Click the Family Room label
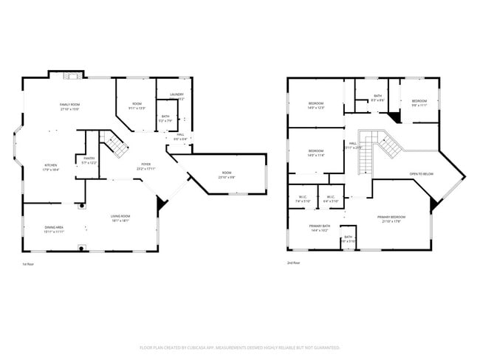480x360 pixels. [70, 105]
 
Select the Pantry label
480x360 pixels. [89, 159]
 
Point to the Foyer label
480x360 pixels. [145, 166]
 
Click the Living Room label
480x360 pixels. [120, 218]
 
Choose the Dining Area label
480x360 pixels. [54, 228]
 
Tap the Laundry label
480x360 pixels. [176, 94]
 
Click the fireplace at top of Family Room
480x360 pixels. [69, 75]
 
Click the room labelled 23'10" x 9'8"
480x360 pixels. [226, 175]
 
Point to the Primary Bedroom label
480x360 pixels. [393, 218]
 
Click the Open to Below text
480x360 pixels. [422, 174]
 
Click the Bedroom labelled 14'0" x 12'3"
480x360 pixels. [316, 105]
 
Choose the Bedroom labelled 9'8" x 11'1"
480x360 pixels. [419, 102]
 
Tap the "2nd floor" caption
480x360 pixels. [293, 262]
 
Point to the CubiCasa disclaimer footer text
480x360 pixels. [239, 347]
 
